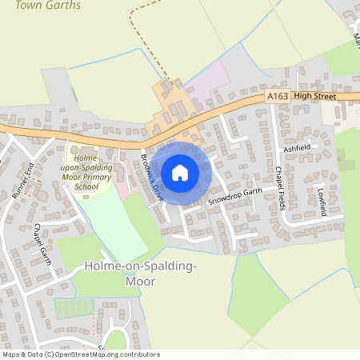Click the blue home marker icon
180,172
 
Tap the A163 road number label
278,96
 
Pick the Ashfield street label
302,149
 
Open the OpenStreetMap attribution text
81,354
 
